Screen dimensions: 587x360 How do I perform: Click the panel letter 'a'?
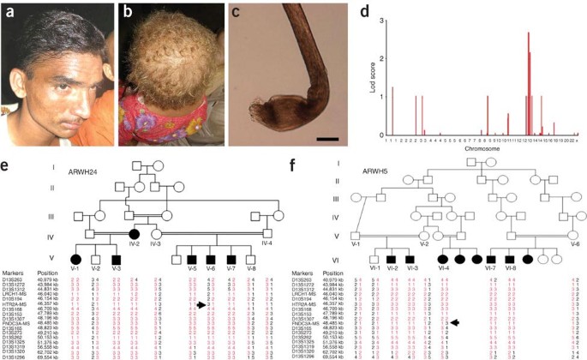(10, 11)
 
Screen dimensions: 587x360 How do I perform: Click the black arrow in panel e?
(201, 304)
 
